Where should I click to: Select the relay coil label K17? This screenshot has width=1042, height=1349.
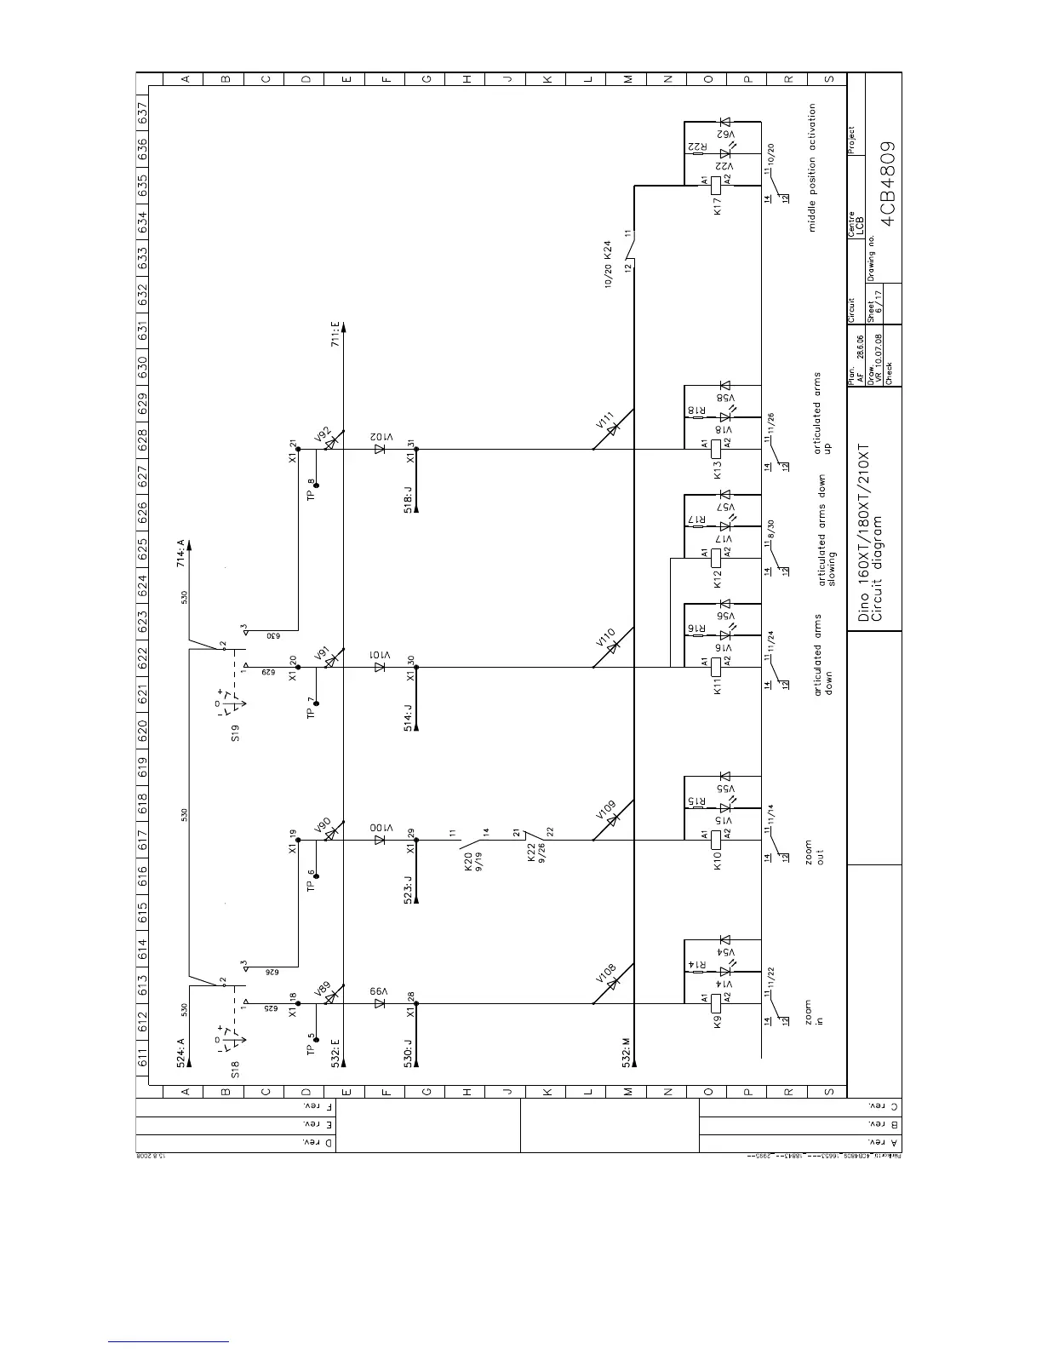click(718, 206)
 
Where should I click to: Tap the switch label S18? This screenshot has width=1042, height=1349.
click(236, 1070)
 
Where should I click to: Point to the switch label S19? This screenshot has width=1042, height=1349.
click(236, 733)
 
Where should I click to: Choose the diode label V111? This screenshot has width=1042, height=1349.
click(606, 423)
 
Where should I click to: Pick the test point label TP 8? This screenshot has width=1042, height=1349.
click(312, 490)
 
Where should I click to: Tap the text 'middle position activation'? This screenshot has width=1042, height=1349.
click(812, 168)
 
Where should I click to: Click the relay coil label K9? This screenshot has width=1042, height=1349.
click(718, 1019)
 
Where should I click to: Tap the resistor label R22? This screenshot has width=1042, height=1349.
click(698, 147)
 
